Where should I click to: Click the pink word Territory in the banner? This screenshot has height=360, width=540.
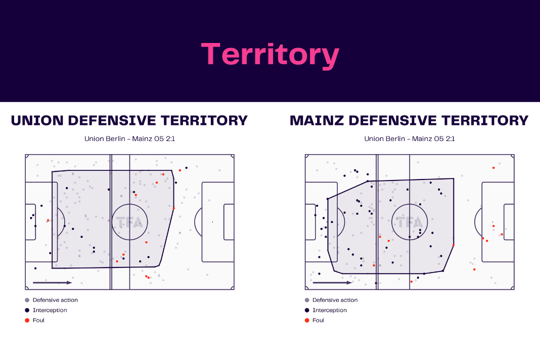pos(271,55)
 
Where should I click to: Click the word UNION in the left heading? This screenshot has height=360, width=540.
pos(37,120)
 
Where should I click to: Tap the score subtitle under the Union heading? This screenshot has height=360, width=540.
pos(130,139)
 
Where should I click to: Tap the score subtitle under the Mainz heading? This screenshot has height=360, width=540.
pos(410,139)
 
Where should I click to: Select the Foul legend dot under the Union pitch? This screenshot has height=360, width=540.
pos(27,321)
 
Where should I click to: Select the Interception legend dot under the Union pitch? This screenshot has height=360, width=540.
pos(27,310)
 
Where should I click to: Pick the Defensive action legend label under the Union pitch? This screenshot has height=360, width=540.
pos(55,300)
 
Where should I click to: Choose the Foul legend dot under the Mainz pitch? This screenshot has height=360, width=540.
pos(307,321)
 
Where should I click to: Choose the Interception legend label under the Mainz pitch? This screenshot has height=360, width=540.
pos(330,310)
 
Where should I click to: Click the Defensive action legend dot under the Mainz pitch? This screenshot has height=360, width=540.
pos(307,300)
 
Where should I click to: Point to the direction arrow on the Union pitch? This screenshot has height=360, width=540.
pos(53,283)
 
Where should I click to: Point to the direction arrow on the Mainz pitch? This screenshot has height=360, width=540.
pos(332,283)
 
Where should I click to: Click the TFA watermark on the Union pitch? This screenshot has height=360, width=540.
pos(129,222)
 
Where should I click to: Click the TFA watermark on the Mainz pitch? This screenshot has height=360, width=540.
pos(410,222)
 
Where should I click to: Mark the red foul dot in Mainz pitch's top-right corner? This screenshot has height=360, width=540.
pos(493,168)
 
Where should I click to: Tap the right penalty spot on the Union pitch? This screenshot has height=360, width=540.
pos(212,222)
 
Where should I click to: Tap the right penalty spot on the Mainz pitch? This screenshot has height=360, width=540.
pos(492,222)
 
